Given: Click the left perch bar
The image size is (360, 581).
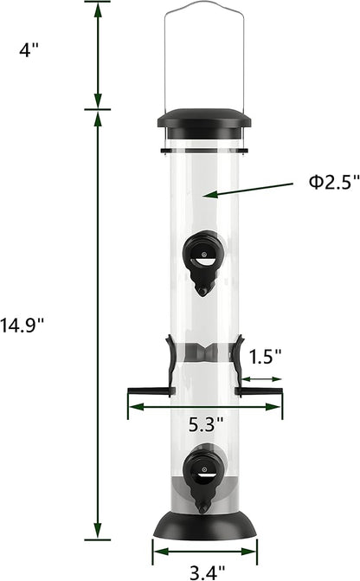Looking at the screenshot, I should (148, 392).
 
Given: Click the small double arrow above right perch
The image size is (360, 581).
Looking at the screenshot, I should (260, 378).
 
